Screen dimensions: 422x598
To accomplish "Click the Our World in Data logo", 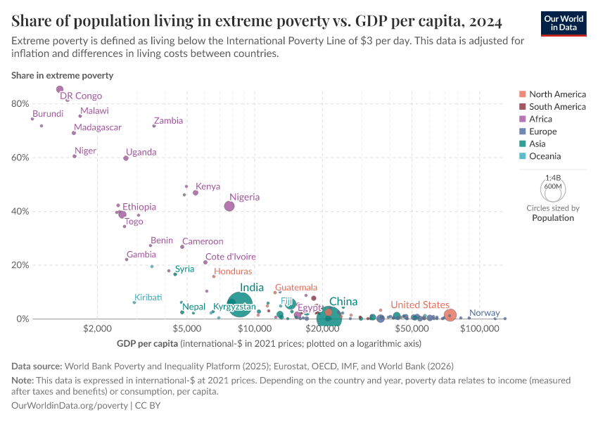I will (564, 23).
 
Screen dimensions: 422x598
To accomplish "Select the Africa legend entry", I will (542, 119).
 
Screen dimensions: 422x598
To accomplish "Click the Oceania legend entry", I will (545, 156).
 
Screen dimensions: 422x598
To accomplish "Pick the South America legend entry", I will (557, 107).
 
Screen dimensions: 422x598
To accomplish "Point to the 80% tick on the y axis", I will (20, 103).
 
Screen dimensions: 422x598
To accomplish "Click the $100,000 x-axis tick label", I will (480, 328).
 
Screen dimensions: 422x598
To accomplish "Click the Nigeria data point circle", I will (229, 206).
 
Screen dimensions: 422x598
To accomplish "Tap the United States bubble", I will (450, 315).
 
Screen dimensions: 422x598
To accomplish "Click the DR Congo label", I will (81, 96).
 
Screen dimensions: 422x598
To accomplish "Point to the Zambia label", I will (169, 121).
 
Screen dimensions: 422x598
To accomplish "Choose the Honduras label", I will (233, 271).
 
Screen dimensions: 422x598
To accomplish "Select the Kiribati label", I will (148, 298).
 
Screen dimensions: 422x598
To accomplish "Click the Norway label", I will (484, 313).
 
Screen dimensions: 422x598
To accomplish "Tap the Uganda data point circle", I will (126, 158).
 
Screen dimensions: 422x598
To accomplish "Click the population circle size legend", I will (552, 188).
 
